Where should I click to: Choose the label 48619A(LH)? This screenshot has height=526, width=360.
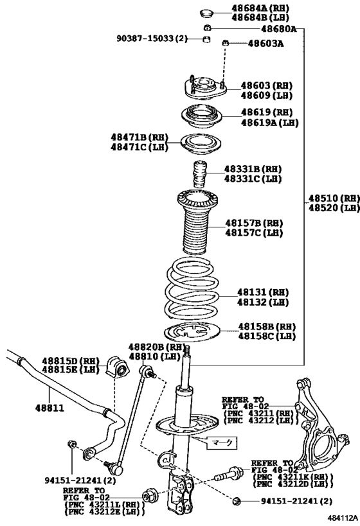click(269, 122)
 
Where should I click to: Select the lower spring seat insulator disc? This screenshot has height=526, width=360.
click(194, 333)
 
